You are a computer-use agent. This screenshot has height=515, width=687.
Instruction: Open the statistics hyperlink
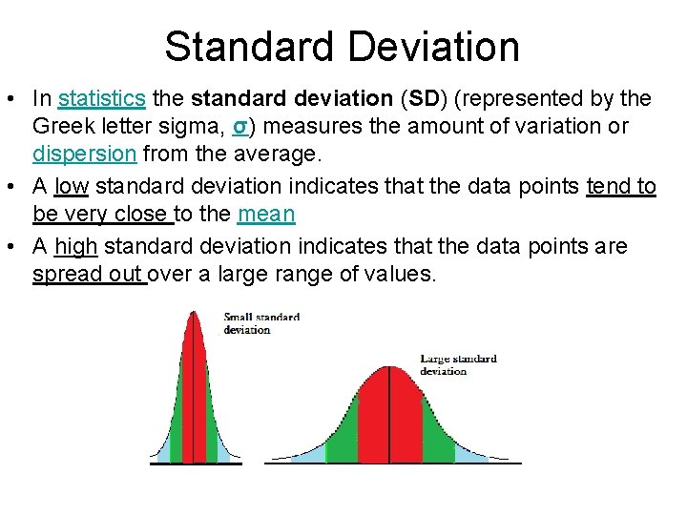pyautogui.click(x=101, y=98)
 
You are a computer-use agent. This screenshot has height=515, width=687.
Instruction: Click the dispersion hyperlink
pyautogui.click(x=84, y=154)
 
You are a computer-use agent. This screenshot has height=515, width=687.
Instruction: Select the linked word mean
pyautogui.click(x=266, y=215)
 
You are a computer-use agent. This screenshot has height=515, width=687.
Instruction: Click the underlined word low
pyautogui.click(x=72, y=186)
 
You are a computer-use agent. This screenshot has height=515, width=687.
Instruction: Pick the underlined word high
pyautogui.click(x=76, y=246)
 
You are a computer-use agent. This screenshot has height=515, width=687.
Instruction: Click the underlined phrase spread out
pyautogui.click(x=88, y=276)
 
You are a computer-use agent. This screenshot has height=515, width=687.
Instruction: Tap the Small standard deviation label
pyautogui.click(x=260, y=323)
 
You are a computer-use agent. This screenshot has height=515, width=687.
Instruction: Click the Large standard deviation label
pyautogui.click(x=458, y=364)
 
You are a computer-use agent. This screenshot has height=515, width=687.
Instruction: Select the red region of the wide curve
pyautogui.click(x=389, y=420)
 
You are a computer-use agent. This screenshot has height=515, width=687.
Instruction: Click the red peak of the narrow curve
pyautogui.click(x=194, y=381)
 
